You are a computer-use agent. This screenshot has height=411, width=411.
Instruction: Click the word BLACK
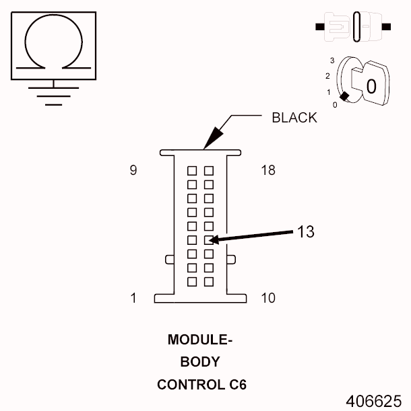click(x=294, y=118)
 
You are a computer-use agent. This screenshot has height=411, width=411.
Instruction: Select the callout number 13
click(x=305, y=231)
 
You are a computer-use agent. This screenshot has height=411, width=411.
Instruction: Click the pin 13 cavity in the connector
click(x=209, y=239)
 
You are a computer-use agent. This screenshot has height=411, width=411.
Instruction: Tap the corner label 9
click(x=133, y=170)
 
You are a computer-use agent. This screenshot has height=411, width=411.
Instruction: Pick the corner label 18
click(x=267, y=170)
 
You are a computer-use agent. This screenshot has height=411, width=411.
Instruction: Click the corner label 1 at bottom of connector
click(x=133, y=298)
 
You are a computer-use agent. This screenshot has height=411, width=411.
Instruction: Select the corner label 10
click(x=267, y=298)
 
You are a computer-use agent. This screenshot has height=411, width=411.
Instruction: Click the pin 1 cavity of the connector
click(x=192, y=281)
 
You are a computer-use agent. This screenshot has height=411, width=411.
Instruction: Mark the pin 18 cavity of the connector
click(x=209, y=171)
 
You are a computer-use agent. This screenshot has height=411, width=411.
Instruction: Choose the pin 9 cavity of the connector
click(x=192, y=171)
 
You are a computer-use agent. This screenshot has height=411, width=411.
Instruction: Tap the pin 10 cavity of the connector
click(x=209, y=281)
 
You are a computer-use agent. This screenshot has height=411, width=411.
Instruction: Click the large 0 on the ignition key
click(x=370, y=86)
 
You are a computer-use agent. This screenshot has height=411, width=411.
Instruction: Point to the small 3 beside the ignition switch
click(x=332, y=61)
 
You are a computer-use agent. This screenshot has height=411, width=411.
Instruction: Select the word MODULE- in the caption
click(x=200, y=340)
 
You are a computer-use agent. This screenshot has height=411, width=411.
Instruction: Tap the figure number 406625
click(x=373, y=400)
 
